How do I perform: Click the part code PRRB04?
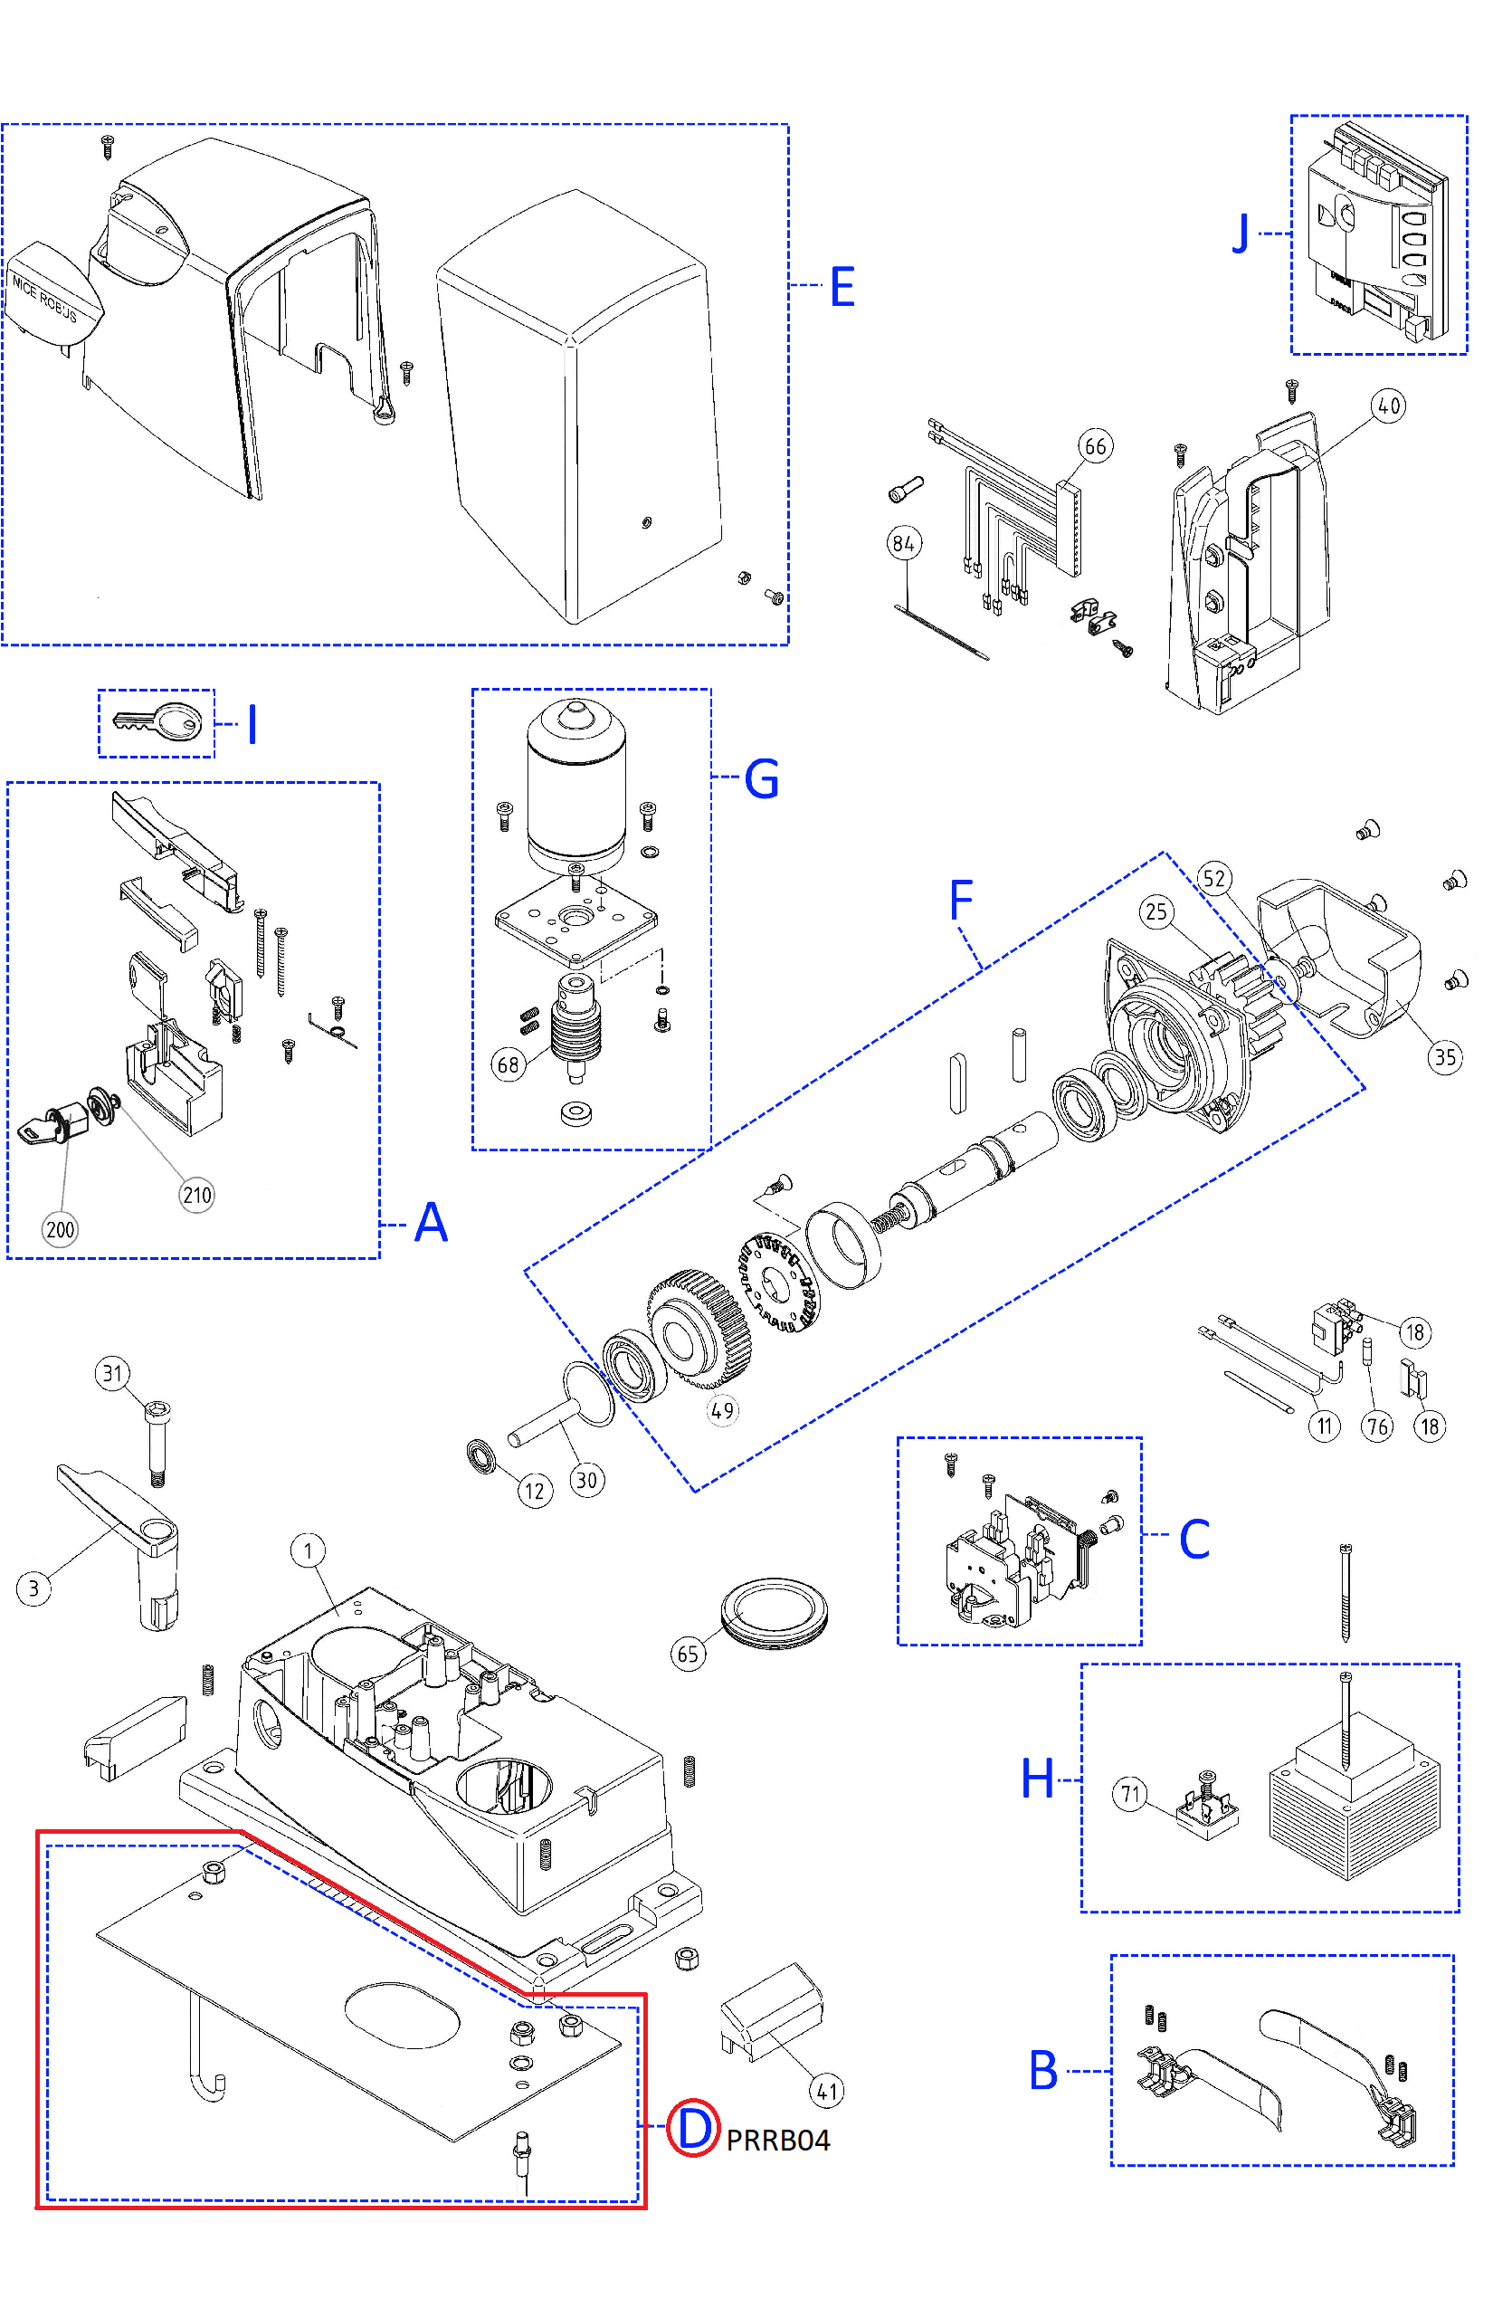point(777,2140)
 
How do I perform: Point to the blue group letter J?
point(1240,234)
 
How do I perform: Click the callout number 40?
point(1388,405)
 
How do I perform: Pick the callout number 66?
point(1095,446)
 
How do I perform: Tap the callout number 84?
point(904,543)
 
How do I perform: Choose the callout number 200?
point(60,1230)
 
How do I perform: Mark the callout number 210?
point(197,1195)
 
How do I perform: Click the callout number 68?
point(508,1064)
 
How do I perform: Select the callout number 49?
point(722,1410)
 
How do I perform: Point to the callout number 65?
point(689,1654)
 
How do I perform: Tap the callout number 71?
point(1129,1794)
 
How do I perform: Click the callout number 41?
point(826,2091)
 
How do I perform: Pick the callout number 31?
point(112,1373)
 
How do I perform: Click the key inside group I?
point(158,722)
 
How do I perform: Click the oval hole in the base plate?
point(403,2015)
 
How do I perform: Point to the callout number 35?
point(1444,1057)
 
